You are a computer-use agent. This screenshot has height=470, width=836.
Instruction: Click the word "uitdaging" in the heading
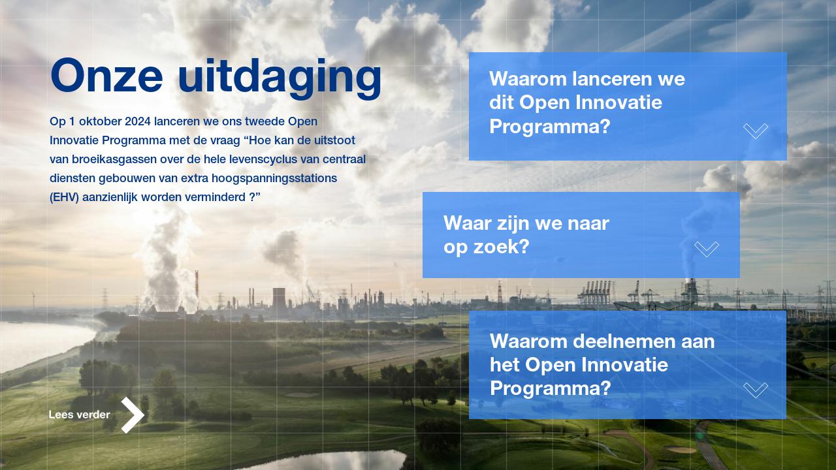[x=280, y=77]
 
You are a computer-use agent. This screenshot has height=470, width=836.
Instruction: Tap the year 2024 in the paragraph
[x=138, y=121]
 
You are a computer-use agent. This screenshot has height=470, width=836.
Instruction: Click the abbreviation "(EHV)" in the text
[x=64, y=197]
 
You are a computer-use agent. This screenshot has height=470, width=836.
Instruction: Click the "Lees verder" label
[x=79, y=415]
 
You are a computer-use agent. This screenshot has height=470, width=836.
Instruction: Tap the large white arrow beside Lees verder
[x=133, y=415]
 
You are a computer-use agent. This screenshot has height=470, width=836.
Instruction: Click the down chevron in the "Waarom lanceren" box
[x=756, y=131]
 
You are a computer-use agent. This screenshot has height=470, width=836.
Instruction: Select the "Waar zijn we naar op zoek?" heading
[x=526, y=235]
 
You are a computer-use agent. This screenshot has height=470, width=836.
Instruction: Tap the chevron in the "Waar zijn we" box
[x=707, y=249]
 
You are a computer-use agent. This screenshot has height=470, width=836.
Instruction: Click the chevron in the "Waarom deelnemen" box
[x=756, y=390]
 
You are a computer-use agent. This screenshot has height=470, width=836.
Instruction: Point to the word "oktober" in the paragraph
[x=100, y=121]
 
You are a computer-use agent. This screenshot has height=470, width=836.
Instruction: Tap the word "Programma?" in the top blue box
[x=549, y=127]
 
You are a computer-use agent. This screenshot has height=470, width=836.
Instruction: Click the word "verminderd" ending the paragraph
[x=219, y=197]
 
